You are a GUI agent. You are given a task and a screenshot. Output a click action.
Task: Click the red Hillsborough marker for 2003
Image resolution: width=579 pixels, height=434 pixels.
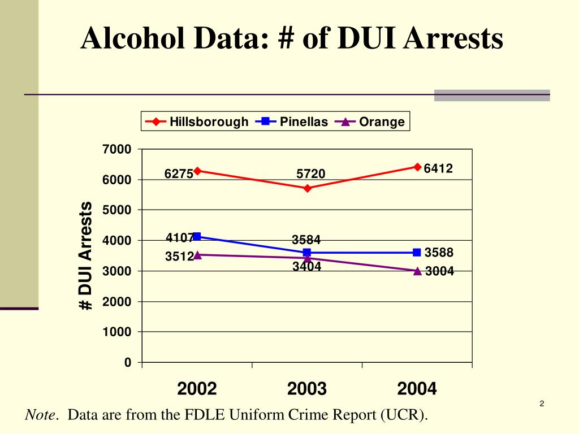(x=307, y=188)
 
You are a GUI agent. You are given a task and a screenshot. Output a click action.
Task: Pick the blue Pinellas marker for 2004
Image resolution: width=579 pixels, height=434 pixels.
(x=417, y=252)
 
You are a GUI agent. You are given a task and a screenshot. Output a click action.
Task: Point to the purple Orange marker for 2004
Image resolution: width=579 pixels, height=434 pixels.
(x=417, y=271)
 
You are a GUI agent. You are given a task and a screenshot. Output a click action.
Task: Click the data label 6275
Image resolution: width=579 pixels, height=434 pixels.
(x=179, y=174)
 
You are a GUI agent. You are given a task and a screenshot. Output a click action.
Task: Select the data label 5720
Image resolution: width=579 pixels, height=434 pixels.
(x=311, y=174)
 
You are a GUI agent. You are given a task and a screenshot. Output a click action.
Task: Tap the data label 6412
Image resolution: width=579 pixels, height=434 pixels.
(x=439, y=168)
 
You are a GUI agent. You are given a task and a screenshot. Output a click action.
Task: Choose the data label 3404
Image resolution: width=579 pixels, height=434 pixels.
(x=307, y=267)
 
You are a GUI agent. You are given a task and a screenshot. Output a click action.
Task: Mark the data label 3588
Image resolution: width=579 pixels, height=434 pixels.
(x=439, y=252)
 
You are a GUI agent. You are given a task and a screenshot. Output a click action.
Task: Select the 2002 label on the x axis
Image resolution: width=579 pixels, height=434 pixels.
(x=197, y=389)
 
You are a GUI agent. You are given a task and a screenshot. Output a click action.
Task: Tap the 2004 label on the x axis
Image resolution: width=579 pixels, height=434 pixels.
(x=417, y=389)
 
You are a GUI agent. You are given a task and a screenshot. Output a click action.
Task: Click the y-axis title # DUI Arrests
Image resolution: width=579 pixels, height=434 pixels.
(x=85, y=255)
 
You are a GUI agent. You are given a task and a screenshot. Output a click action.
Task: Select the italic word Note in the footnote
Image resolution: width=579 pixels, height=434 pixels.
(x=41, y=415)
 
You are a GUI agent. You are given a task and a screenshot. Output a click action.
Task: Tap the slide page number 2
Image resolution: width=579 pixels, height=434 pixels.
(x=541, y=403)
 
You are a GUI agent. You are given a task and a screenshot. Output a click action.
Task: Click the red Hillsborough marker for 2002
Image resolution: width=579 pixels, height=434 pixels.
(x=197, y=171)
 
